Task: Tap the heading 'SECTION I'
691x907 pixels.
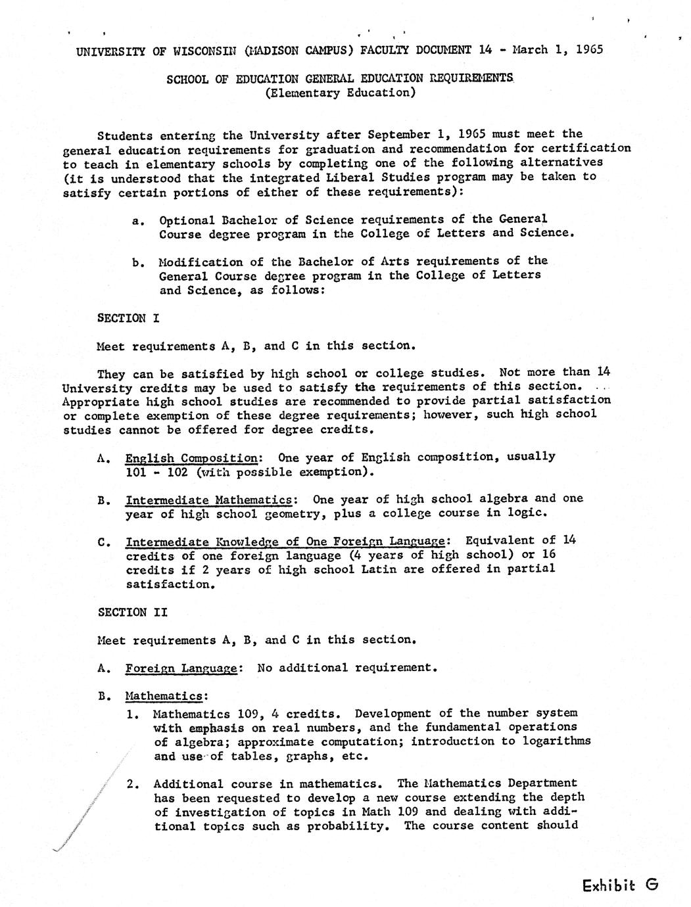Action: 128,318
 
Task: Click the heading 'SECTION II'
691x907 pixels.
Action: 132,612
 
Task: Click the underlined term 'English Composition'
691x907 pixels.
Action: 192,457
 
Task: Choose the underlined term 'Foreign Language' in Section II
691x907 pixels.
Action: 181,668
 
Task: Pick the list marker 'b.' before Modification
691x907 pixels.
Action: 138,263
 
